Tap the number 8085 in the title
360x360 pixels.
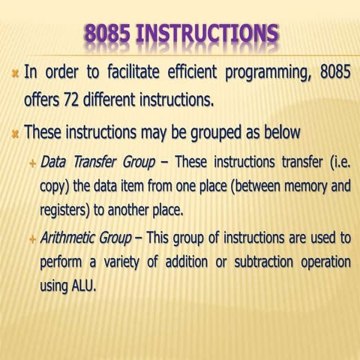tap(109, 34)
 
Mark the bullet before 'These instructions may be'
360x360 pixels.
tap(14, 133)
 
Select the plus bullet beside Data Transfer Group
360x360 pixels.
tap(31, 163)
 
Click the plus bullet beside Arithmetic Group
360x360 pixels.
tap(31, 239)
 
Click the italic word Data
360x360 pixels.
tap(53, 162)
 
